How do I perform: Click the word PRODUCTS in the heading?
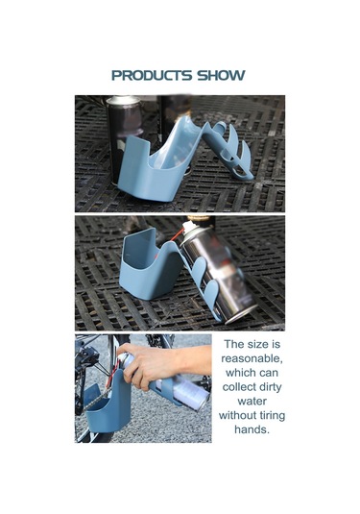pyautogui.click(x=152, y=75)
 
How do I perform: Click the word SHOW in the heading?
pyautogui.click(x=221, y=75)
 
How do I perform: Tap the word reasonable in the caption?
pyautogui.click(x=252, y=358)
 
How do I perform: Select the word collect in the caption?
pyautogui.click(x=235, y=387)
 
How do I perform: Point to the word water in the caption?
pyautogui.click(x=252, y=402)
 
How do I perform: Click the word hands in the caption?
pyautogui.click(x=252, y=429)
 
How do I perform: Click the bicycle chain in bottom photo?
pyautogui.click(x=98, y=399)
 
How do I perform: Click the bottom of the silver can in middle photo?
pyautogui.click(x=244, y=314)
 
